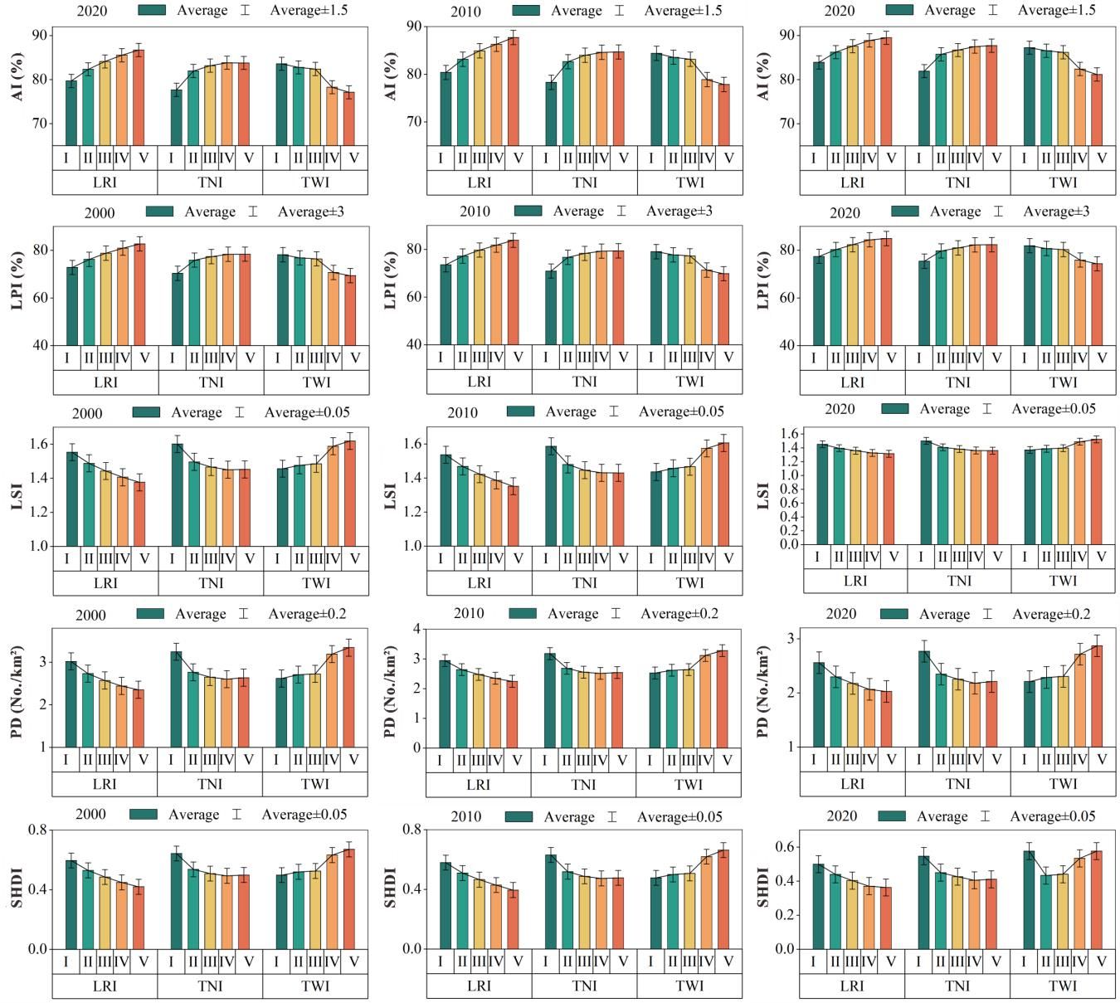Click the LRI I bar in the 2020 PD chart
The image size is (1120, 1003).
tap(819, 704)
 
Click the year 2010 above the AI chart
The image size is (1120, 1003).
tap(465, 12)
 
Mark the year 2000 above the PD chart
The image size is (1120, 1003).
tap(90, 615)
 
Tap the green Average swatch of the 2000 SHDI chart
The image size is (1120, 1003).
tap(144, 815)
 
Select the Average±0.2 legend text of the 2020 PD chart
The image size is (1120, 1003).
tap(1051, 614)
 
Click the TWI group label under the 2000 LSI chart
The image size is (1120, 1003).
tap(316, 583)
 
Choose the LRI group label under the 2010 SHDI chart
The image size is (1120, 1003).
tap(479, 986)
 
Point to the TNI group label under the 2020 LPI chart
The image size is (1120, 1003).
tap(957, 382)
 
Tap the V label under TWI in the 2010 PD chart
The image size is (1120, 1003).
tap(728, 760)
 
